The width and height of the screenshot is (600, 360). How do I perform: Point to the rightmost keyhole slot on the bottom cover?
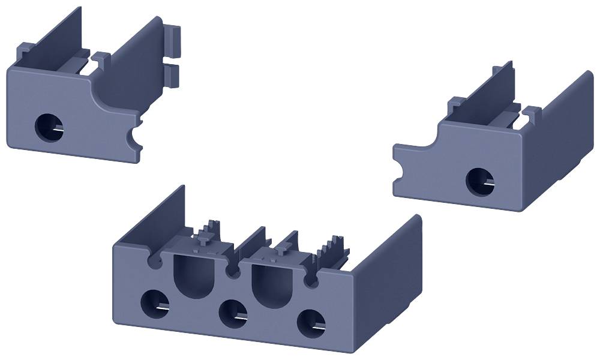point(310,280)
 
